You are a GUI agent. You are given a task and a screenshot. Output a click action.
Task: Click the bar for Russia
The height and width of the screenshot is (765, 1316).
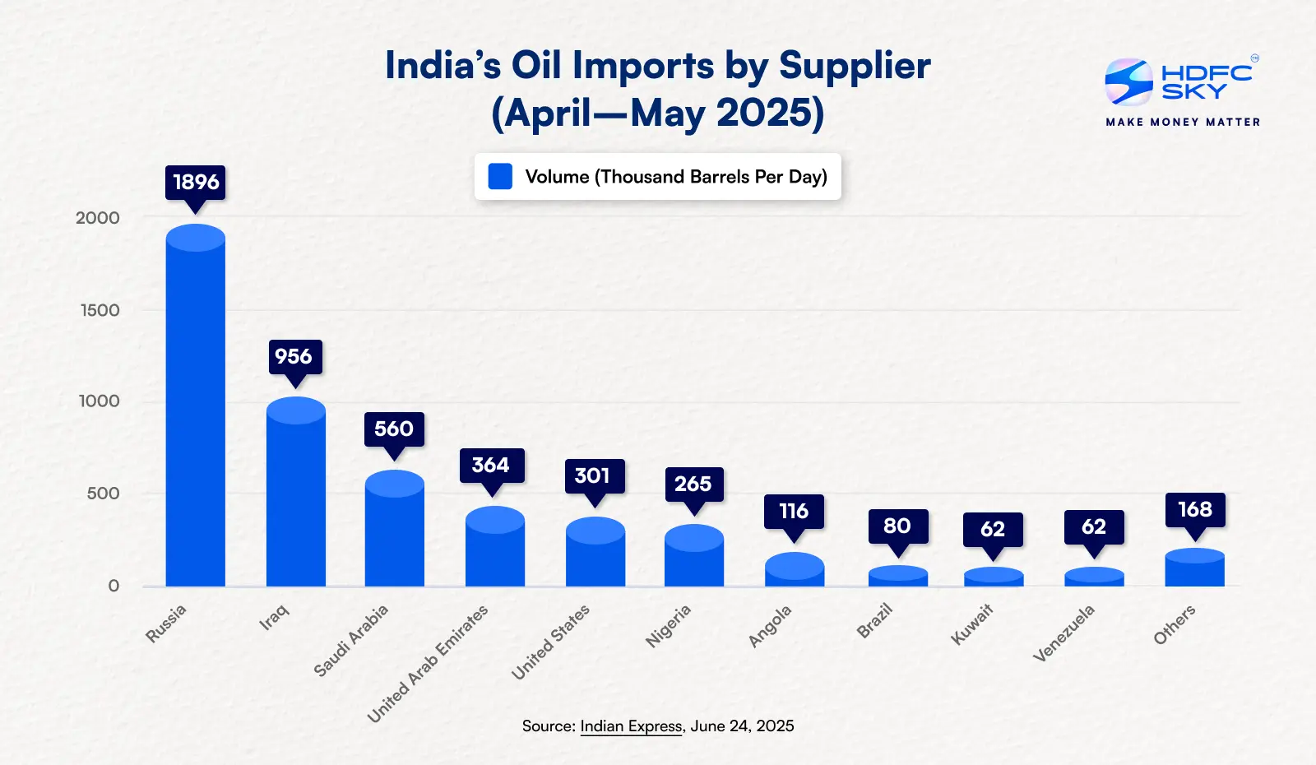tap(196, 411)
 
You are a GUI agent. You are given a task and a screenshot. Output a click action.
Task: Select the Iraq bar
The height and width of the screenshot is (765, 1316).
tap(296, 494)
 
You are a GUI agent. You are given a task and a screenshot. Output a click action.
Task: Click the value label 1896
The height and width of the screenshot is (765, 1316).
tap(196, 182)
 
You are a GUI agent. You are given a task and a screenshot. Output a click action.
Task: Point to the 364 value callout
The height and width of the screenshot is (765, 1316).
tap(491, 466)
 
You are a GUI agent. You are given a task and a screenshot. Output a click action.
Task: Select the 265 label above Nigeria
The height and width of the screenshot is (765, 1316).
tap(693, 484)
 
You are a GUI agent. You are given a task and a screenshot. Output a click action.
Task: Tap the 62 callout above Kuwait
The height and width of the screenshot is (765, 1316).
tap(993, 530)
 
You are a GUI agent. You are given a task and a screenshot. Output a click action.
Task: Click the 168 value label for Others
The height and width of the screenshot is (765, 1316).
tap(1195, 510)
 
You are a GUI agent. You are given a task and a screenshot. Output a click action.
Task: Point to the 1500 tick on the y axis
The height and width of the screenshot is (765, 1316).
tap(100, 310)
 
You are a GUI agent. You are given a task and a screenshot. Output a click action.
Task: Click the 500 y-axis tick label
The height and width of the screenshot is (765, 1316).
tap(104, 494)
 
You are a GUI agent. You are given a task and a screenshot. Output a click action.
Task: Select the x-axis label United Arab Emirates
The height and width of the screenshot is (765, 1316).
tap(428, 664)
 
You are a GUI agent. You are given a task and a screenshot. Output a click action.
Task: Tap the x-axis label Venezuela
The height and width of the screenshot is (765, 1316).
tap(1063, 633)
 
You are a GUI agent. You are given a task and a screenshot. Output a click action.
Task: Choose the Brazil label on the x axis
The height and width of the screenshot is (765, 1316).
tap(874, 621)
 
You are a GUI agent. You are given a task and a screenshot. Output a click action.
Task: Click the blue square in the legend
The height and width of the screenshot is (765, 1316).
tap(500, 177)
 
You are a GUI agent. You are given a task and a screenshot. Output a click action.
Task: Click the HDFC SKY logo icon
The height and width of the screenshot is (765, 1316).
tap(1128, 81)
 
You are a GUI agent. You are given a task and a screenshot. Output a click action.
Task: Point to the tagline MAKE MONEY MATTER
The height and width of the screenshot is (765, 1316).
tap(1183, 122)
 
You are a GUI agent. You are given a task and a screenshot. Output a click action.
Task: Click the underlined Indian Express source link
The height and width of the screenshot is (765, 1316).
tap(631, 726)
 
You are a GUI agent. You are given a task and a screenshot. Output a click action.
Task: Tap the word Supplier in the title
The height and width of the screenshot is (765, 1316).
tap(855, 66)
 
